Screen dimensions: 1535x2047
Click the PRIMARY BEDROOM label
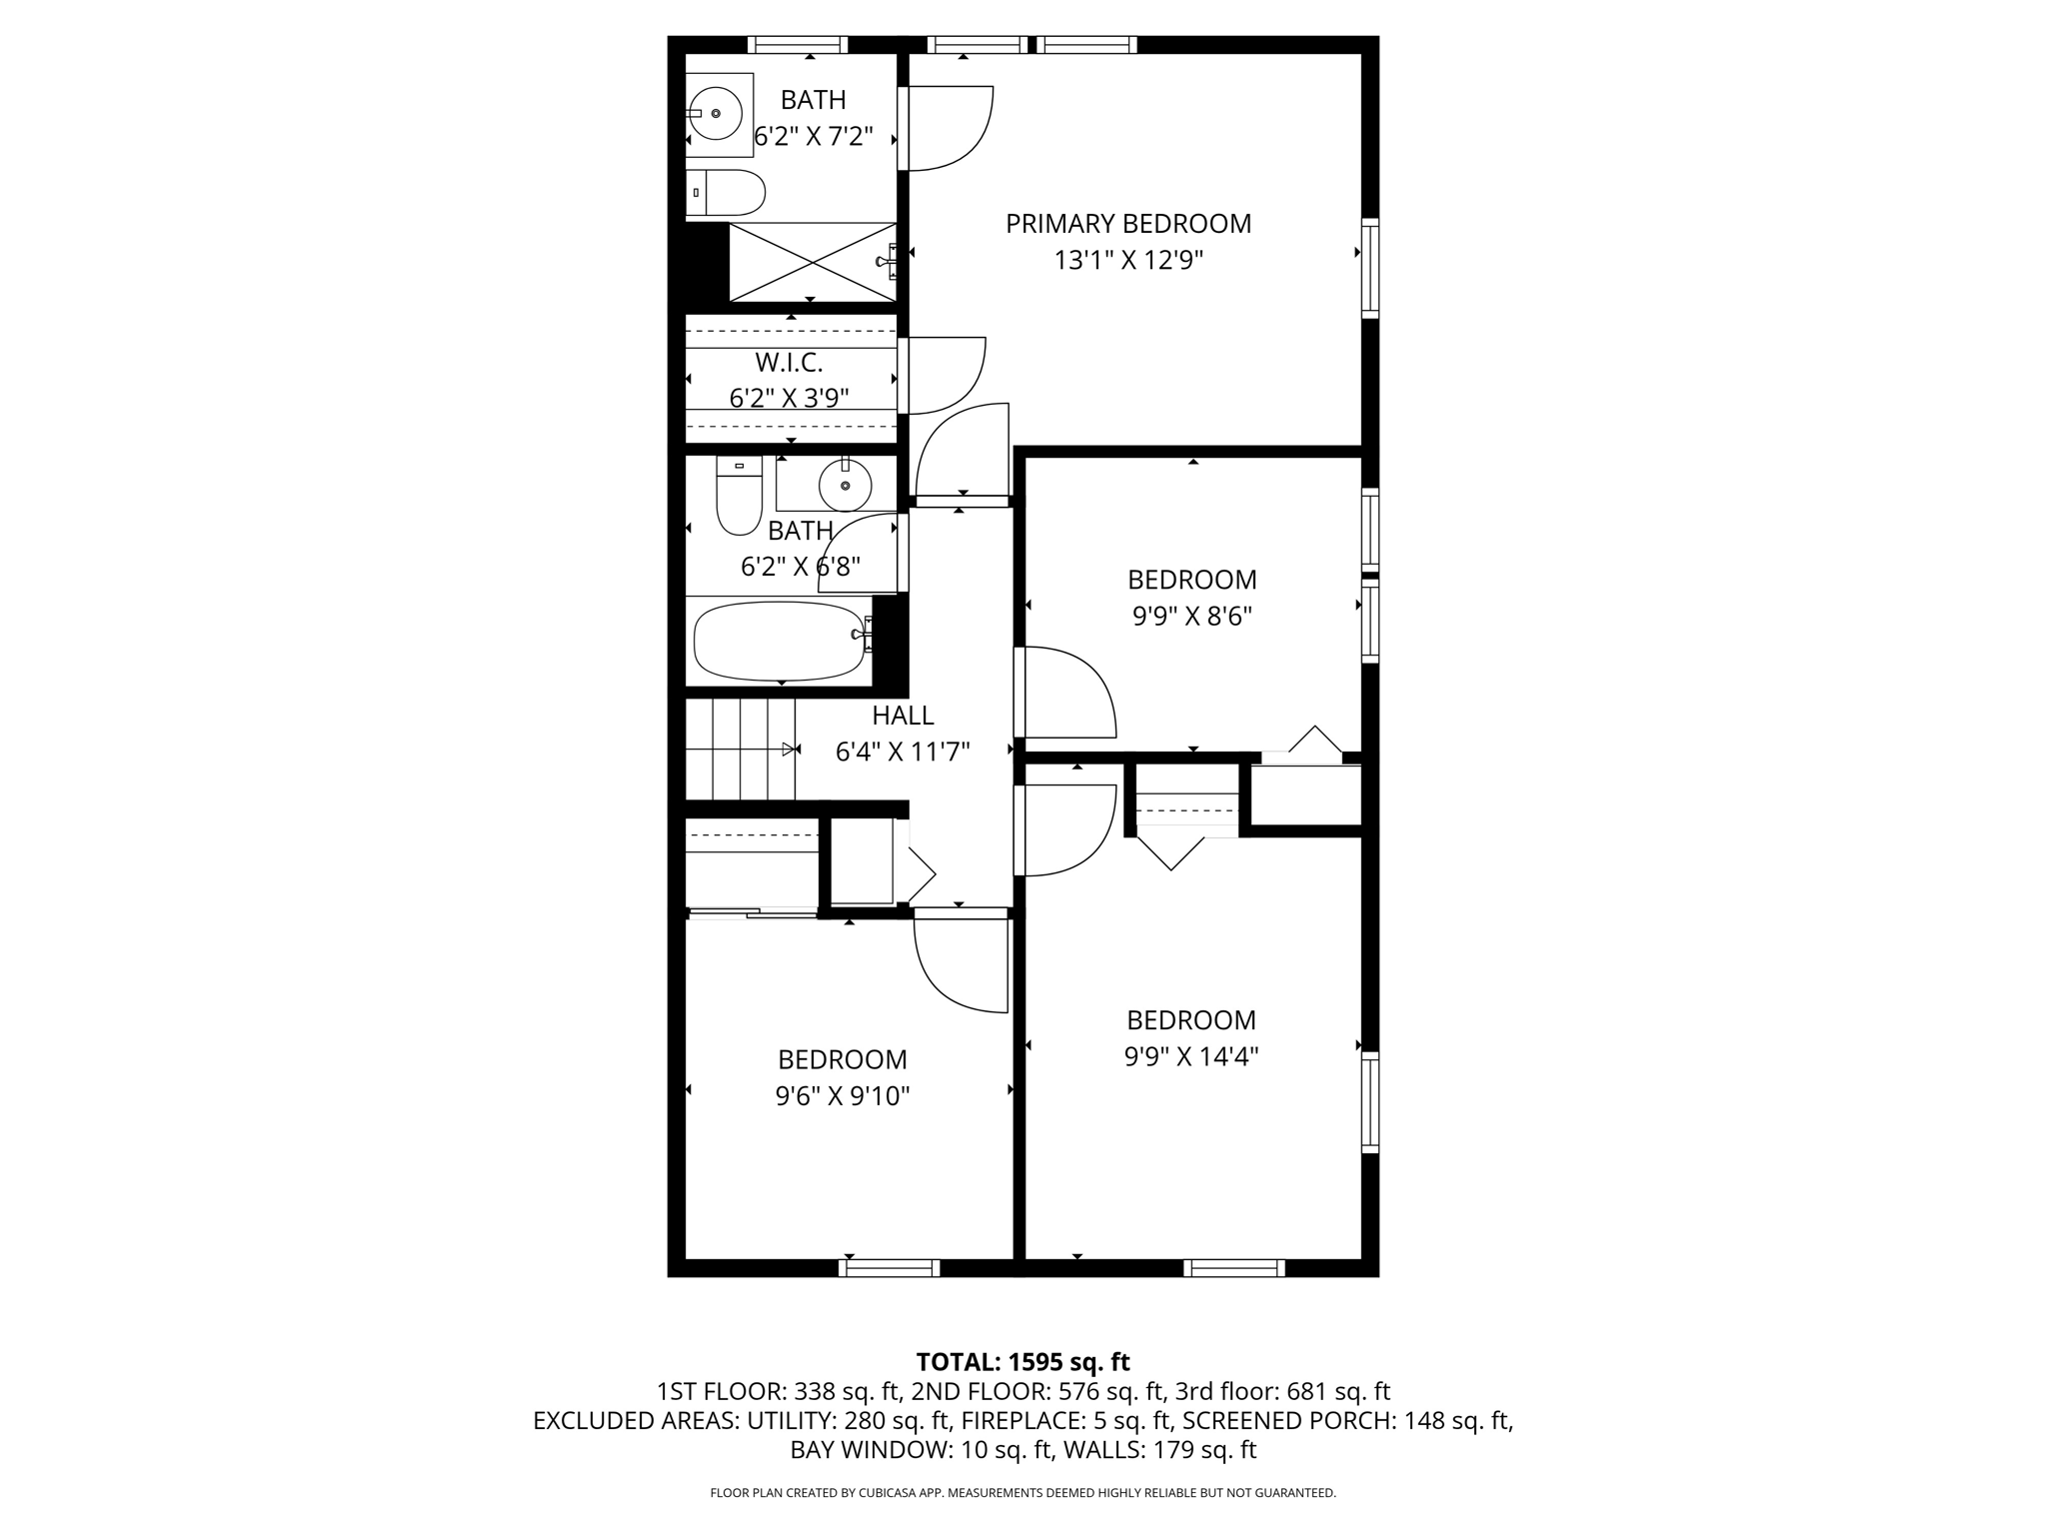(x=1127, y=224)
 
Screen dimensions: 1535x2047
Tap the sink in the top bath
(x=717, y=114)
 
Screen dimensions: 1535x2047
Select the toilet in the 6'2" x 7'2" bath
(x=728, y=193)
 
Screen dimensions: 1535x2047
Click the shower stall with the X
(x=812, y=262)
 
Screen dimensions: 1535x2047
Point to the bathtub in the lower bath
(x=779, y=641)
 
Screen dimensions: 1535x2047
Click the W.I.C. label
(x=789, y=362)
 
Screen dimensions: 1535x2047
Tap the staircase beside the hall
(x=740, y=750)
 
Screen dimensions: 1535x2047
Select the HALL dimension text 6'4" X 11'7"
(x=902, y=752)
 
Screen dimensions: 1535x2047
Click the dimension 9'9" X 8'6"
(x=1191, y=617)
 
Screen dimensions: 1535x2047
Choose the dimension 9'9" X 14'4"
(x=1190, y=1057)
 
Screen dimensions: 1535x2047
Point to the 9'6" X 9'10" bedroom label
(x=842, y=1059)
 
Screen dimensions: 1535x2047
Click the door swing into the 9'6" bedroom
(x=960, y=964)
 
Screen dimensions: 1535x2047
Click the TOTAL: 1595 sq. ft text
(x=1023, y=1362)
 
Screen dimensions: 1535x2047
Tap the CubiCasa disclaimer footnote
(x=1023, y=1493)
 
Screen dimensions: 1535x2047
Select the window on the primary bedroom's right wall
(x=1370, y=268)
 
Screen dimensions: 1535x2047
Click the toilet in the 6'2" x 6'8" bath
(x=739, y=496)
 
